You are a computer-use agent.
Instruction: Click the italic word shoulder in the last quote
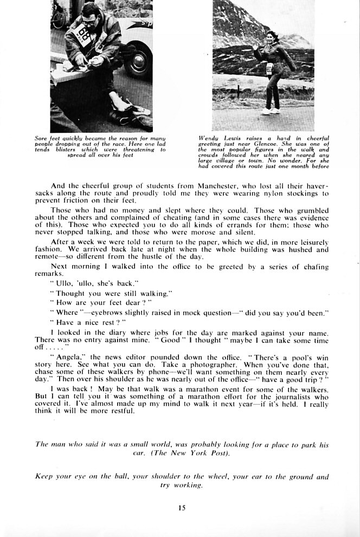pyautogui.click(x=164, y=477)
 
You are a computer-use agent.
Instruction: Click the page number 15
pyautogui.click(x=181, y=508)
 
